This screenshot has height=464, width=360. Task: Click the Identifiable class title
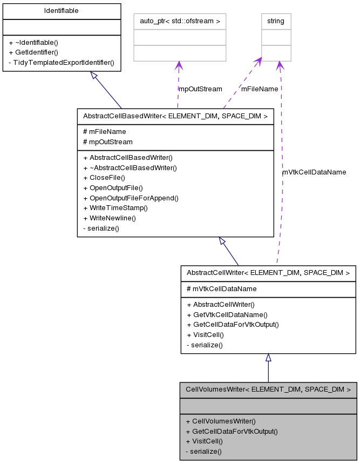coord(61,11)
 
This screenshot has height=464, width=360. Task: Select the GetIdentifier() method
coord(33,52)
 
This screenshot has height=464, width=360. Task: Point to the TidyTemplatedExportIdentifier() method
coord(62,62)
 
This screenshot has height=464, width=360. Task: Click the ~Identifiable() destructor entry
coord(33,42)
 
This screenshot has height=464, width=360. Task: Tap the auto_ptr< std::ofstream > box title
coord(179,21)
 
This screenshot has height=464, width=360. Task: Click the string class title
coord(276,21)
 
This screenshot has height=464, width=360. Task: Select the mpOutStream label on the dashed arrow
coord(200,89)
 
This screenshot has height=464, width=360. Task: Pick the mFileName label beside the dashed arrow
coord(260,89)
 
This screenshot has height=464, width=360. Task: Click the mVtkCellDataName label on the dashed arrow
coord(314,172)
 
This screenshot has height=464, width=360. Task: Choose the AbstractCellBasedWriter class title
coord(175,116)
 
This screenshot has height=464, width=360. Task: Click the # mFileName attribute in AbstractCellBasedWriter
coord(104,131)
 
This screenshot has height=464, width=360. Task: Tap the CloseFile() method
coord(104,178)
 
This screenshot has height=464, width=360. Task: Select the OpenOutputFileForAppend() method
coord(131,198)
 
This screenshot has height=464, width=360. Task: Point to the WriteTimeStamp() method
coord(116,208)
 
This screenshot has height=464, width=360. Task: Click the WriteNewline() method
coord(110,218)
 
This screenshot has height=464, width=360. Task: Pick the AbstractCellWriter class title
coord(268,273)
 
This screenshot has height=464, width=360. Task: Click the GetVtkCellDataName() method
coord(227,314)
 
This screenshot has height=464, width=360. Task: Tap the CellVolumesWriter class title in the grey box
coord(268,389)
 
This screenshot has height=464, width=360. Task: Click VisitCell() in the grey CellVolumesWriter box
coord(204,441)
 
